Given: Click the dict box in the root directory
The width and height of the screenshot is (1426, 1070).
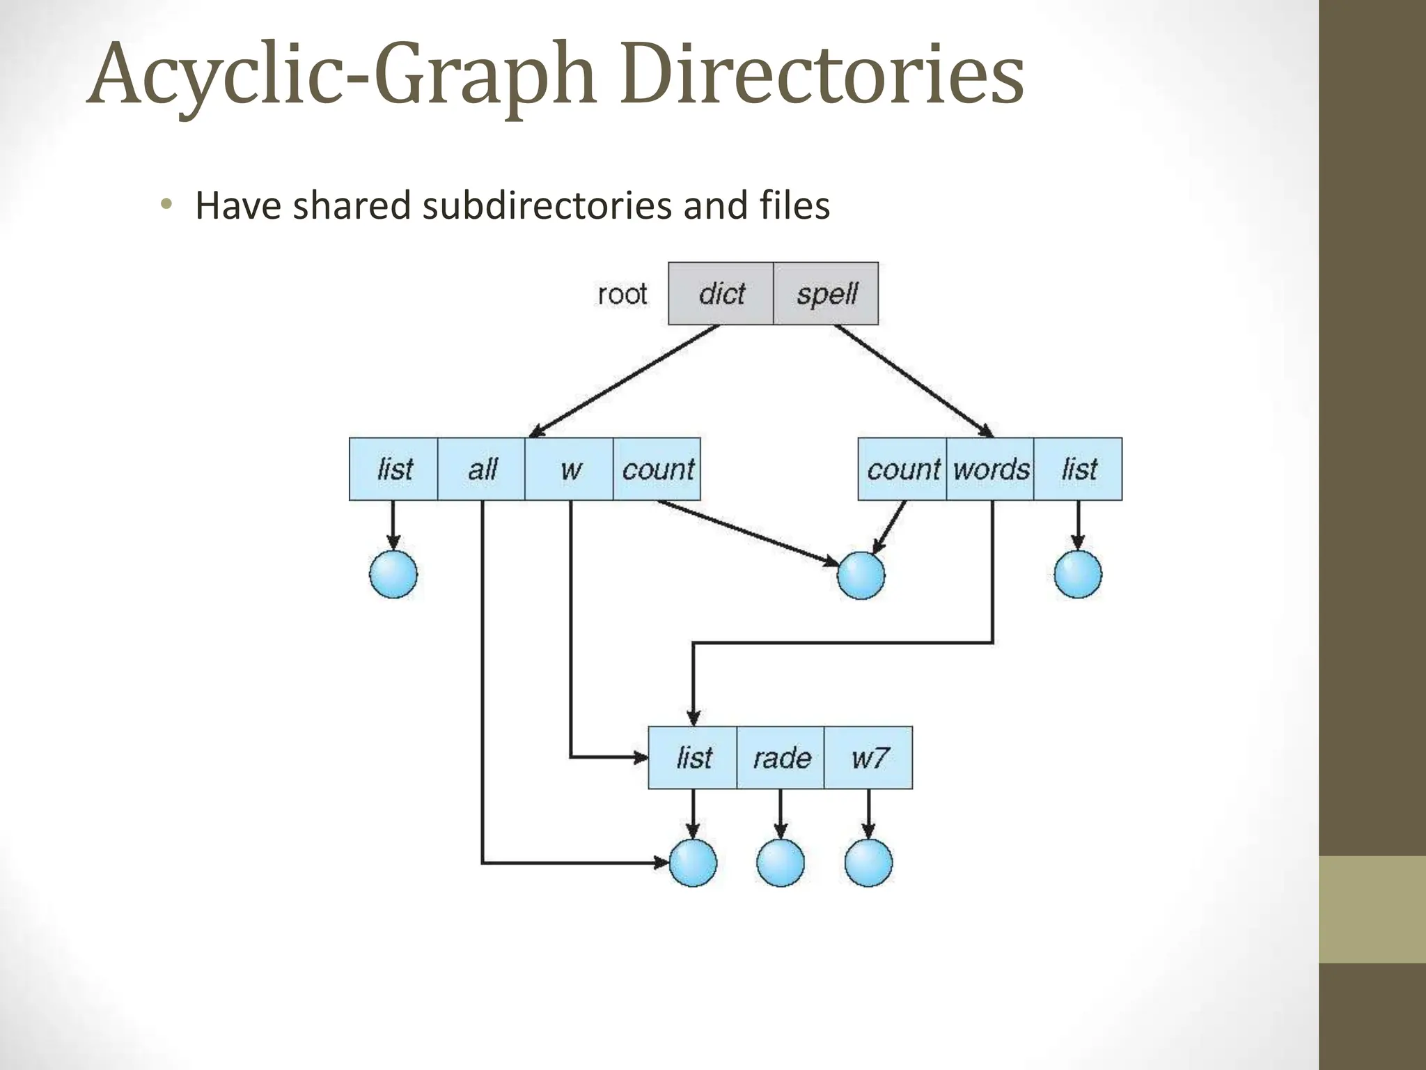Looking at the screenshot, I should (x=721, y=293).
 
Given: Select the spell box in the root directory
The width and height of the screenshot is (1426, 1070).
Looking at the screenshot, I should (x=826, y=293).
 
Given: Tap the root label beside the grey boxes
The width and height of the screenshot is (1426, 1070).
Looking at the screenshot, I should (x=622, y=294).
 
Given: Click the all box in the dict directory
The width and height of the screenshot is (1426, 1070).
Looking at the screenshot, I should (x=481, y=469).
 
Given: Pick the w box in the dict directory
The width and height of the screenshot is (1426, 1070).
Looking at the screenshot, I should (x=569, y=469).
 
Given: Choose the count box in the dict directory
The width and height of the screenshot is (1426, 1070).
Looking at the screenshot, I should (x=657, y=469).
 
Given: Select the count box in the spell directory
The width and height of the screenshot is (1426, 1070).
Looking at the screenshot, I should (x=902, y=469).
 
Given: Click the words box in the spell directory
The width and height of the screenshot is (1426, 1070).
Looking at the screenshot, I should (x=990, y=469).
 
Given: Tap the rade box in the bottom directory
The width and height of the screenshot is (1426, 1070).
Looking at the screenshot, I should (x=781, y=757).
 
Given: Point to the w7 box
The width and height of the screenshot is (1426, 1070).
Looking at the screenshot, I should (x=868, y=757).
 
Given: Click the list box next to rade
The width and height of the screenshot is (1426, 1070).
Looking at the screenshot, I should (x=693, y=757).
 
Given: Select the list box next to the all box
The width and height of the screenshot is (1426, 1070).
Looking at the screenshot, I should (x=393, y=469).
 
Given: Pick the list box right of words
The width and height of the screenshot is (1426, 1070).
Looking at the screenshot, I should (x=1078, y=469).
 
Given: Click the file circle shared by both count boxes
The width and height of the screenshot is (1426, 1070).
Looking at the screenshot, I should (x=861, y=575).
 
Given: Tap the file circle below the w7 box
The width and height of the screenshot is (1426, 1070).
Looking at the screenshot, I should (x=868, y=862).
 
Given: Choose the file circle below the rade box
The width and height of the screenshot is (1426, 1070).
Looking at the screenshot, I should (x=781, y=862).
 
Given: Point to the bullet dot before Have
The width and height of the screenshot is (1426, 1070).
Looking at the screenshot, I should (x=165, y=204).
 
